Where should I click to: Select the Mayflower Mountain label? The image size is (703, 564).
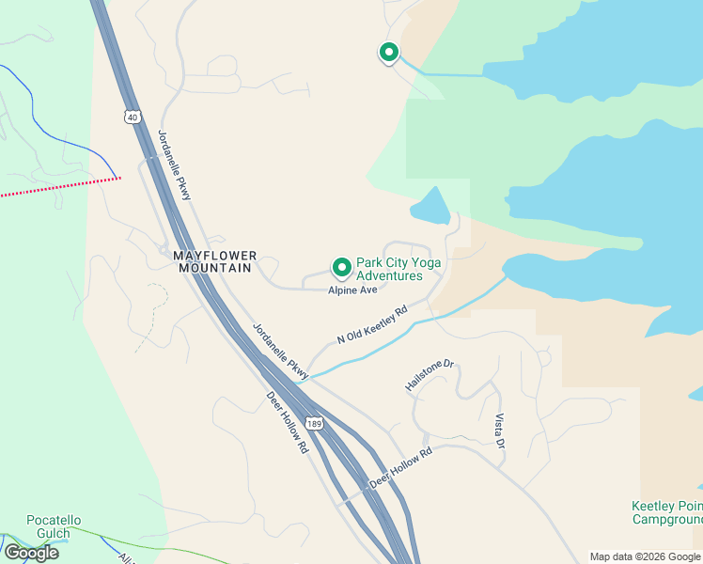pos(212,261)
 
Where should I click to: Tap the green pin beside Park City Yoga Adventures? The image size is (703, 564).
pos(341,268)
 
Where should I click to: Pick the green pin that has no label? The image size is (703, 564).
pos(388,53)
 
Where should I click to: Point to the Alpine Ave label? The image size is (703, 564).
pos(352,290)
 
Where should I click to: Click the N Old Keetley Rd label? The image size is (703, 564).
pos(373,324)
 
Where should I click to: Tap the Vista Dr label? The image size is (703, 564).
pos(500,430)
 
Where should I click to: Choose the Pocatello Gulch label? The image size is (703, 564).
pos(54,526)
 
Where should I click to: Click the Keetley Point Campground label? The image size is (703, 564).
pos(666,512)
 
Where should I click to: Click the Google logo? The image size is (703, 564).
pos(31,553)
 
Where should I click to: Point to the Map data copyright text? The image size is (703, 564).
pos(645,556)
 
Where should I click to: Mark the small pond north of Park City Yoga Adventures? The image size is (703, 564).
pos(430,206)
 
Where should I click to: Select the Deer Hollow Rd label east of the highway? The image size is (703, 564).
pos(400,467)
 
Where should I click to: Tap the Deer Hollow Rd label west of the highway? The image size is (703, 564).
pos(287,423)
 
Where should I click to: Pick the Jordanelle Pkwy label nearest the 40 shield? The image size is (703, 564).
pos(175,164)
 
